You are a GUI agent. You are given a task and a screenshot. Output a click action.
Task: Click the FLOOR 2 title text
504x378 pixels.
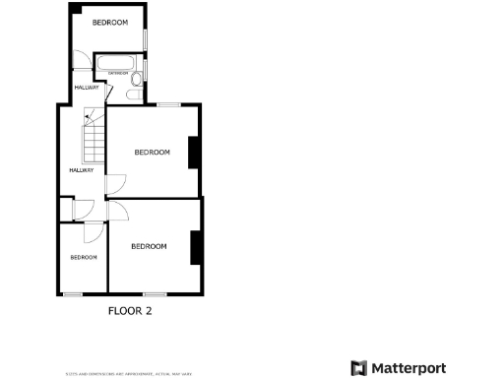pos(130,311)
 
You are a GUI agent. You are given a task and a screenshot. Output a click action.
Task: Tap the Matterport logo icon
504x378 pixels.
pos(359,368)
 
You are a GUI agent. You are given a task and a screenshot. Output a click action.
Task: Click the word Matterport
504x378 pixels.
pos(409,368)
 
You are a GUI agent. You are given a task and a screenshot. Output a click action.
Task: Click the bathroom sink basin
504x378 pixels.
pos(131,94)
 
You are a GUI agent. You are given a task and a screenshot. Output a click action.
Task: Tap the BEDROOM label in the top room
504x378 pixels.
pos(109,22)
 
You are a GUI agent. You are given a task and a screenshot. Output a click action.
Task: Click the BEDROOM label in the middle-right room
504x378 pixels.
pos(152,152)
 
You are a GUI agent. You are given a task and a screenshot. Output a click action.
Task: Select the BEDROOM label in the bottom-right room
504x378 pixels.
pos(149,246)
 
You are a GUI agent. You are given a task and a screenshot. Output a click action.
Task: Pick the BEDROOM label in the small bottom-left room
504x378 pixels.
pos(84,257)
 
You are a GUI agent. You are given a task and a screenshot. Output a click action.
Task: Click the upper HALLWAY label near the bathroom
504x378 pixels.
pos(87,88)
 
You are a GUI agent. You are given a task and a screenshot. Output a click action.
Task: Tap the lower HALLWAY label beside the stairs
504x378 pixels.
pos(81,170)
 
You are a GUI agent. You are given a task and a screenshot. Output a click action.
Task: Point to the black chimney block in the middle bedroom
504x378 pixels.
pos(195,152)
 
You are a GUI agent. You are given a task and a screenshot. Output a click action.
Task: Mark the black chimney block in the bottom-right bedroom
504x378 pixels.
pos(196,246)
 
